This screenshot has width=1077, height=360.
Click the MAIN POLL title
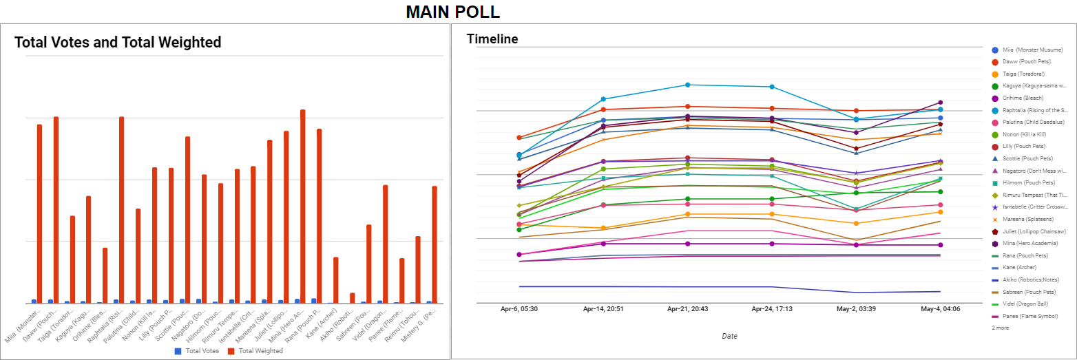pyautogui.click(x=452, y=12)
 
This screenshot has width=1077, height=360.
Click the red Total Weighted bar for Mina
pyautogui.click(x=302, y=207)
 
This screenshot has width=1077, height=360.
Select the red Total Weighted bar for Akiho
pyautogui.click(x=353, y=298)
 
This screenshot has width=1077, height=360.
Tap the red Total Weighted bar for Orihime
pyautogui.click(x=105, y=275)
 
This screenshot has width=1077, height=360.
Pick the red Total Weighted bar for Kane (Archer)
pyautogui.click(x=335, y=280)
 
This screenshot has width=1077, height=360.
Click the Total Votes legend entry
pyautogui.click(x=200, y=351)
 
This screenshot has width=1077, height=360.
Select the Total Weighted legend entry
pyautogui.click(x=255, y=351)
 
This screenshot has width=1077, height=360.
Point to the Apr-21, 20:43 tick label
pyautogui.click(x=687, y=310)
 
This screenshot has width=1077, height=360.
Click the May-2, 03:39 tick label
pyautogui.click(x=856, y=310)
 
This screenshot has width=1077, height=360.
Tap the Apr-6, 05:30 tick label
pyautogui.click(x=519, y=310)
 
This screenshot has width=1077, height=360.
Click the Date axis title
pyautogui.click(x=729, y=336)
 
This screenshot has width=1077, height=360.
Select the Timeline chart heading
pyautogui.click(x=492, y=39)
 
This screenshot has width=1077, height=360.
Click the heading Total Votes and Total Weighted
pyautogui.click(x=118, y=43)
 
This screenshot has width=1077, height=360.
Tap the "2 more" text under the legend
pyautogui.click(x=1001, y=328)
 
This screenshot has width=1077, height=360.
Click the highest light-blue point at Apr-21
pyautogui.click(x=687, y=85)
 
